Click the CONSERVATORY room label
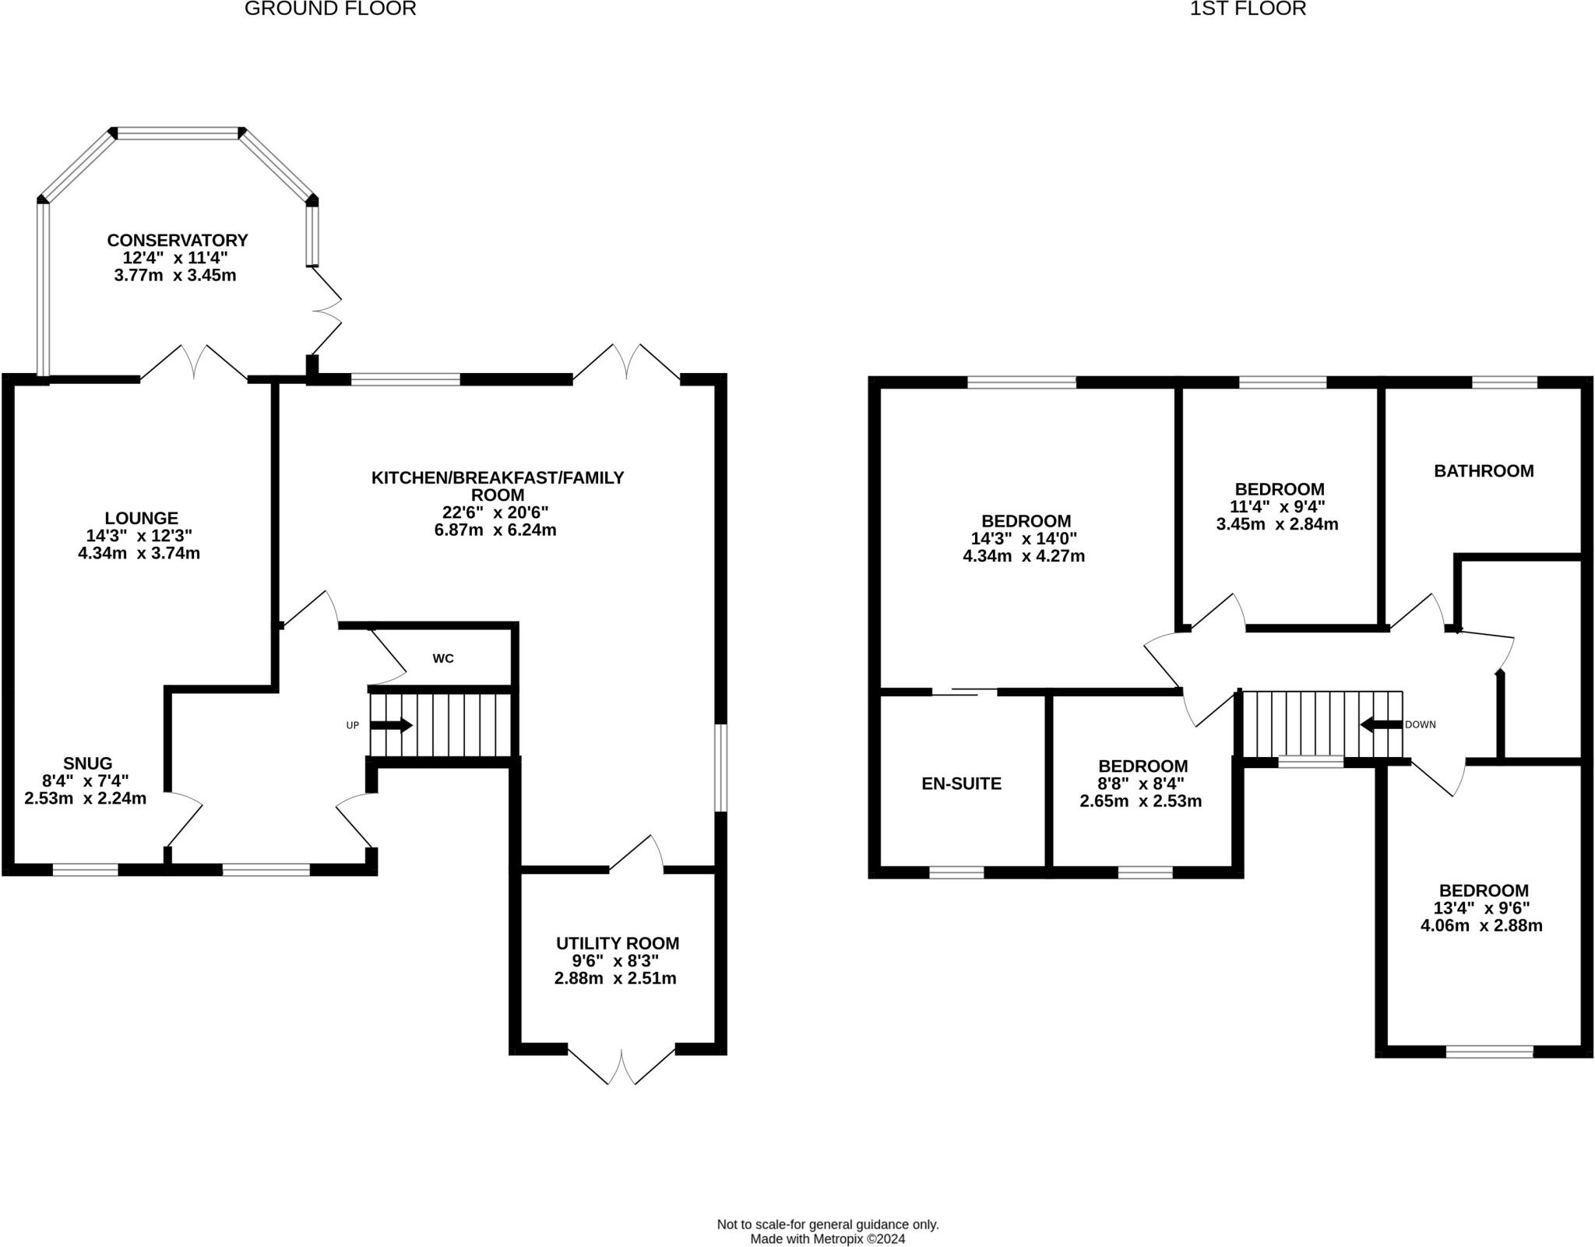coord(177,240)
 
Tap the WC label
coord(443,659)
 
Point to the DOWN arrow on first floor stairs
coord(1380,724)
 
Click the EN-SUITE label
coord(961,784)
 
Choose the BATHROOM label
coord(1484,470)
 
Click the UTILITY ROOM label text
coord(617,943)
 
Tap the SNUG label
coord(88,763)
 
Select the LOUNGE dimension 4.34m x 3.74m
coord(139,554)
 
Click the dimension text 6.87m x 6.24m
coord(495,530)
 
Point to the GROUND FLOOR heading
coord(330,9)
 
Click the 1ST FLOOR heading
coord(1248,9)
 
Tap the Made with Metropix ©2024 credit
coord(828,1238)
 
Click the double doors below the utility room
coord(621,1066)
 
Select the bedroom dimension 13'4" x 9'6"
coord(1482,908)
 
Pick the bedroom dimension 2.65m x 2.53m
coord(1140,801)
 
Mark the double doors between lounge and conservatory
coord(194,364)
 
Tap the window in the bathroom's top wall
coord(1504,382)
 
